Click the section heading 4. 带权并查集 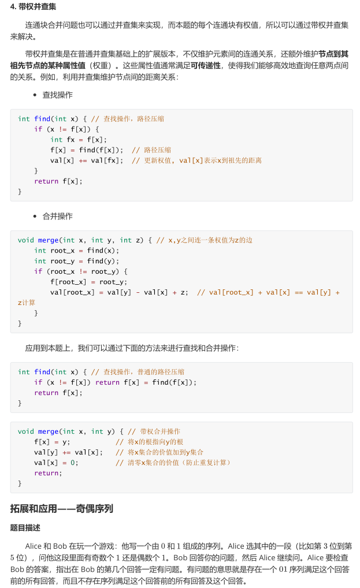pyautogui.click(x=33, y=7)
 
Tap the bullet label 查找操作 pyautogui.click(x=57, y=95)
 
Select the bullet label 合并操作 pyautogui.click(x=57, y=216)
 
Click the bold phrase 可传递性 pyautogui.click(x=206, y=65)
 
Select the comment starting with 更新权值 pyautogui.click(x=196, y=160)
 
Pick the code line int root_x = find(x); pyautogui.click(x=76, y=250)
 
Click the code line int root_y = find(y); pyautogui.click(x=76, y=260)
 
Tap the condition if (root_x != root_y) pyautogui.click(x=80, y=271)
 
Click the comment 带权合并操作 pyautogui.click(x=154, y=431)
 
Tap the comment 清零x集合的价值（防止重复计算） pyautogui.click(x=173, y=463)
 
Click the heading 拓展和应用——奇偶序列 pyautogui.click(x=61, y=509)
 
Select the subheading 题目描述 pyautogui.click(x=25, y=527)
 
